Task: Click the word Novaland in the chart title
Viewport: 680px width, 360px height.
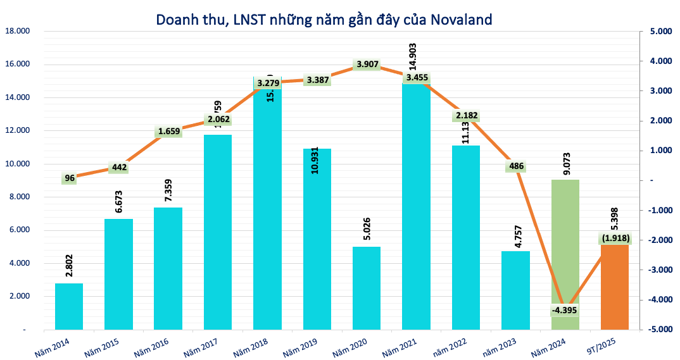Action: (461, 19)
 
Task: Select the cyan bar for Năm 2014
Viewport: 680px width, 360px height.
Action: (69, 306)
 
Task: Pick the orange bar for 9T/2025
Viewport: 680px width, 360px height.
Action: (615, 288)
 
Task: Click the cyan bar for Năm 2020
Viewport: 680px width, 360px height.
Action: (367, 288)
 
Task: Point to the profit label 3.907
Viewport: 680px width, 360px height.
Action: (368, 65)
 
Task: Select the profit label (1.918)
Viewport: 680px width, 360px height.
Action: (615, 238)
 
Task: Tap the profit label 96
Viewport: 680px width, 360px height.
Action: (70, 178)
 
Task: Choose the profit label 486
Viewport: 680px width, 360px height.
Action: (516, 167)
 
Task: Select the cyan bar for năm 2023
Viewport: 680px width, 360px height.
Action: (515, 290)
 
